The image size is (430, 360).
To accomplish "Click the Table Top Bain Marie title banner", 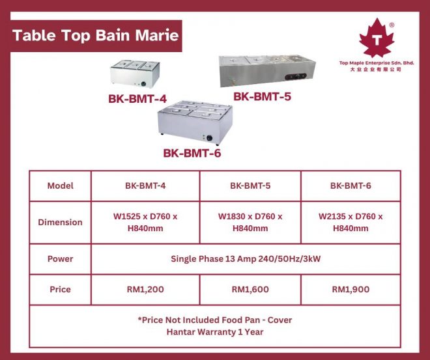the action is [96, 36].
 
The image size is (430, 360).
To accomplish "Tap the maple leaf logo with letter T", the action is [377, 38].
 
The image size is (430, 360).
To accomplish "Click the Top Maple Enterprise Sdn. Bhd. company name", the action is [377, 63].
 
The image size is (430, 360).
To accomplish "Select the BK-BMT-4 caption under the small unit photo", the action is [137, 99].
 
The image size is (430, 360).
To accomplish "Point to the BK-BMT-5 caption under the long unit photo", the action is [262, 96].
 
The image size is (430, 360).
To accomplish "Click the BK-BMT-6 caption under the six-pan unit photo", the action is [192, 153].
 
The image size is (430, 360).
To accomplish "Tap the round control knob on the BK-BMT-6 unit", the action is [210, 138].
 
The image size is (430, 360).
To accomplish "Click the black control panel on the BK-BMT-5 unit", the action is [296, 76].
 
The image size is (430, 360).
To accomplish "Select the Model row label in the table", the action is [61, 186].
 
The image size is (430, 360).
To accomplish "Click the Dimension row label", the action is [61, 222].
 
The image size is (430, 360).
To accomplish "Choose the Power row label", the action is [61, 259].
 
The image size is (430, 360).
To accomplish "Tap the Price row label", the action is [61, 289].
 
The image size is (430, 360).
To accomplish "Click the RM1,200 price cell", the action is [145, 289].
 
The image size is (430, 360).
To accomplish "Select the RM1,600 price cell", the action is [250, 289].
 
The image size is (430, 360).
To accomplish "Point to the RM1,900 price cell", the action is [351, 289].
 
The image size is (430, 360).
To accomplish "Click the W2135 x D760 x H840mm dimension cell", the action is [351, 222].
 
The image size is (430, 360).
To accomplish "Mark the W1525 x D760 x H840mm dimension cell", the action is [145, 222].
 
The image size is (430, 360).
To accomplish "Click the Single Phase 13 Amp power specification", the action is [246, 259].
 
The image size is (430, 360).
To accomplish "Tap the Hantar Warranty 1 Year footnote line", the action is [215, 332].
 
